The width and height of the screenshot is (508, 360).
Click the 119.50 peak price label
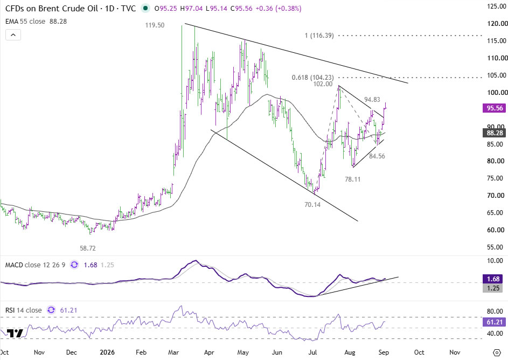(x=155, y=25)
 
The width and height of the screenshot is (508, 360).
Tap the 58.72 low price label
(x=88, y=248)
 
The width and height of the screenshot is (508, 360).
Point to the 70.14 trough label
(x=312, y=204)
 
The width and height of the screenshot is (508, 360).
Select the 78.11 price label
(x=352, y=179)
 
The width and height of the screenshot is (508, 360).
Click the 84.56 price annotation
(x=377, y=156)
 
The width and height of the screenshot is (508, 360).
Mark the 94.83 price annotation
(x=372, y=100)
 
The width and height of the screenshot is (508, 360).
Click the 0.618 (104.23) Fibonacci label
(x=312, y=78)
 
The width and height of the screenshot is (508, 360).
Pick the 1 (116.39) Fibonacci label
(x=319, y=36)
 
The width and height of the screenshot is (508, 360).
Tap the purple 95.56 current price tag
(x=495, y=108)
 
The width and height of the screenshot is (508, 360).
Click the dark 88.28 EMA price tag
(x=495, y=133)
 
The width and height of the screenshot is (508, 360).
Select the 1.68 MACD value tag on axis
(x=493, y=279)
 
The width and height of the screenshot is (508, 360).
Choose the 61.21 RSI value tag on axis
(x=495, y=322)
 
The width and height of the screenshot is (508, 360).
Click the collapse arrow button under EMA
(x=13, y=34)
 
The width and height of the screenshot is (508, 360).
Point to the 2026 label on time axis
(x=107, y=352)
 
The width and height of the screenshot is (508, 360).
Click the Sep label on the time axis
(x=384, y=352)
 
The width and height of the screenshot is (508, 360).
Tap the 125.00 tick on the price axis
(x=497, y=6)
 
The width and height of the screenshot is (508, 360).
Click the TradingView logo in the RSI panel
(x=15, y=334)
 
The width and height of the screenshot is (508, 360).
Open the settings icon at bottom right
(x=497, y=352)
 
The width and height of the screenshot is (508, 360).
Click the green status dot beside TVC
(x=145, y=9)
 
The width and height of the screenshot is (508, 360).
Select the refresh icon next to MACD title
(x=74, y=265)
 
